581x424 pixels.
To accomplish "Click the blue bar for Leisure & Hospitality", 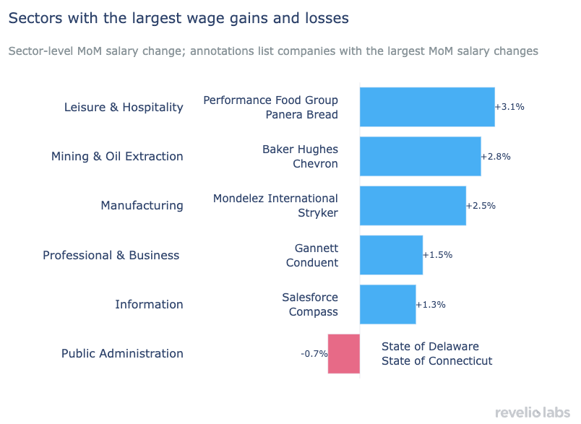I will (426, 107).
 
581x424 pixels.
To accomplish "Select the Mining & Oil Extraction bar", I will (420, 156).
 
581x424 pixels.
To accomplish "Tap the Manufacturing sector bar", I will (412, 205).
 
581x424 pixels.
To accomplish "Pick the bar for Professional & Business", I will (390, 255).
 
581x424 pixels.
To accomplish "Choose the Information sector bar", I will (387, 304).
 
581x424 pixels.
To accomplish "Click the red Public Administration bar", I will (344, 353).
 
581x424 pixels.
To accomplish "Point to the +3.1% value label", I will (509, 107).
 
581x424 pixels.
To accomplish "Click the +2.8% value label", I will (496, 156).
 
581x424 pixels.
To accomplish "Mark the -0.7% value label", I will (314, 354).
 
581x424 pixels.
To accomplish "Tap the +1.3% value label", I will (431, 304).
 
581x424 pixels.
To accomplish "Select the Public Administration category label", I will (122, 353).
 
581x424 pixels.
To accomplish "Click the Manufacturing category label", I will (142, 206).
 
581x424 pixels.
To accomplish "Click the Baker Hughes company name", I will (300, 150).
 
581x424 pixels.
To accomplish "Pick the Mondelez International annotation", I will (275, 199).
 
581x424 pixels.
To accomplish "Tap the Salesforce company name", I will (309, 297).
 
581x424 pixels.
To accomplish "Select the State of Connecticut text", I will (436, 360).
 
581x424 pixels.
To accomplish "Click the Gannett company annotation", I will (316, 248).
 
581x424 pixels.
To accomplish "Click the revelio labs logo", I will (533, 412).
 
